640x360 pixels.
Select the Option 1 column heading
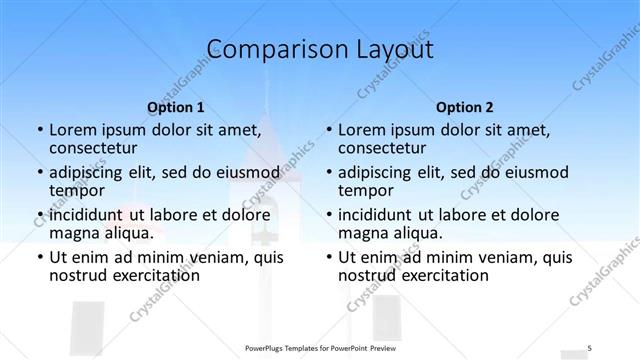pos(176,107)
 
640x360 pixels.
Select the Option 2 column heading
pos(464,107)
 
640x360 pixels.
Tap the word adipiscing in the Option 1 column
pos(88,172)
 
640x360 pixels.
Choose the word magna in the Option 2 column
pos(362,233)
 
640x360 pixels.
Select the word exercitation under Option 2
pos(441,275)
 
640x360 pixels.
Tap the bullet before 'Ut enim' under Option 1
pos(40,257)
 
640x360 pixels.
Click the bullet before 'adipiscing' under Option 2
pos(329,172)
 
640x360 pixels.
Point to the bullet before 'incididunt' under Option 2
pos(329,214)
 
